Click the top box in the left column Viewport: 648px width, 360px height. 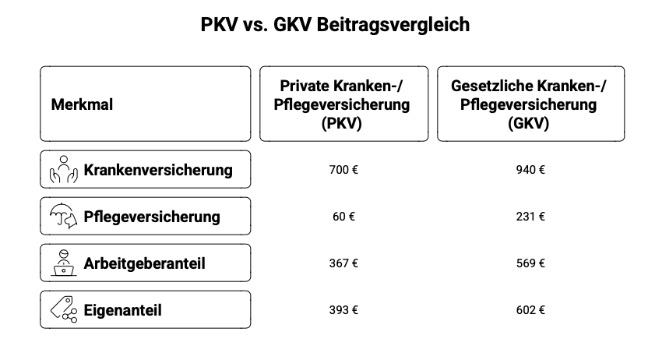344,169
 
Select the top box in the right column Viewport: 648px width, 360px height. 531,169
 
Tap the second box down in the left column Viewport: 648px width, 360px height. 344,216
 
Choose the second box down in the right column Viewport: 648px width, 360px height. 531,216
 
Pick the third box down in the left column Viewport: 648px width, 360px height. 344,263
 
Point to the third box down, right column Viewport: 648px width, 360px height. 531,263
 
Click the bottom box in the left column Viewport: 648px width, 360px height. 344,309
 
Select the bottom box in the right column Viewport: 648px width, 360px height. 531,309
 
